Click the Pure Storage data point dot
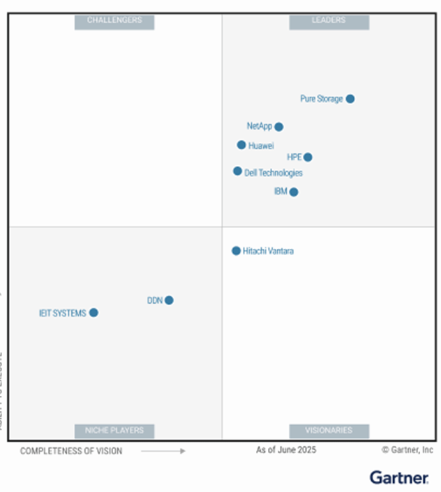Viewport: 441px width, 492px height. (x=350, y=99)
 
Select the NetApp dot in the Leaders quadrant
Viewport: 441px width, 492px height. (x=279, y=127)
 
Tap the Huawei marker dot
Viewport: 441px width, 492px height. (x=241, y=145)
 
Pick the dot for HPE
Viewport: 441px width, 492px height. (x=308, y=157)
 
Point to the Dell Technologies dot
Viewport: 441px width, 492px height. (x=238, y=171)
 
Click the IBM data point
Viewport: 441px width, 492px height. (x=294, y=192)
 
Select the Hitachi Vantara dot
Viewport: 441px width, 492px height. (x=237, y=251)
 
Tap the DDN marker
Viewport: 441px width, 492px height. (x=169, y=300)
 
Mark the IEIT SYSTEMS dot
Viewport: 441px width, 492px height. (x=94, y=313)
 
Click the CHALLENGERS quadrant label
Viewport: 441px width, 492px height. (x=114, y=21)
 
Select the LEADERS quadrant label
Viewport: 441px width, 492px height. (x=329, y=21)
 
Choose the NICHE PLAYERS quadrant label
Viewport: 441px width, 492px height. (x=114, y=431)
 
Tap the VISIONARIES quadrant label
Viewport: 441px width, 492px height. (x=329, y=431)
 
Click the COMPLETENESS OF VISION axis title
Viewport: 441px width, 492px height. (x=71, y=451)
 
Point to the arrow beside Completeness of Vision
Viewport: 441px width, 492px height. (x=163, y=451)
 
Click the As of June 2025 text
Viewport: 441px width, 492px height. (x=286, y=450)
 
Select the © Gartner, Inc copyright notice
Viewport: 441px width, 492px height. (x=408, y=450)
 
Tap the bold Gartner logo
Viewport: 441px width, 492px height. (x=399, y=477)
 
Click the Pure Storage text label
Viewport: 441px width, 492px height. (x=322, y=99)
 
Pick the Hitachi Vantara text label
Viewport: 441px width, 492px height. (x=269, y=251)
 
